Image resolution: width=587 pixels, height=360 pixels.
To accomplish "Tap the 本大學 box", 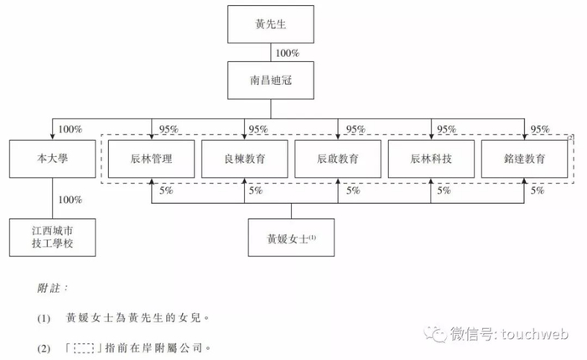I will (x=49, y=159).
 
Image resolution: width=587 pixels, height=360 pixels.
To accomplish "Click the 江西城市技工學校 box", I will (x=49, y=237).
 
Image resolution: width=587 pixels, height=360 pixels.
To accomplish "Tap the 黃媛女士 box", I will (x=290, y=237).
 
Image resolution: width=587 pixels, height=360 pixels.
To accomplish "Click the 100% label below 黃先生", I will (x=287, y=54).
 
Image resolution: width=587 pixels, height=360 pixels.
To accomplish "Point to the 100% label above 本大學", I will (x=70, y=129).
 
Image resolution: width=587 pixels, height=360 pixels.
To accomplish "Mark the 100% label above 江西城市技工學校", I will (x=70, y=200).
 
